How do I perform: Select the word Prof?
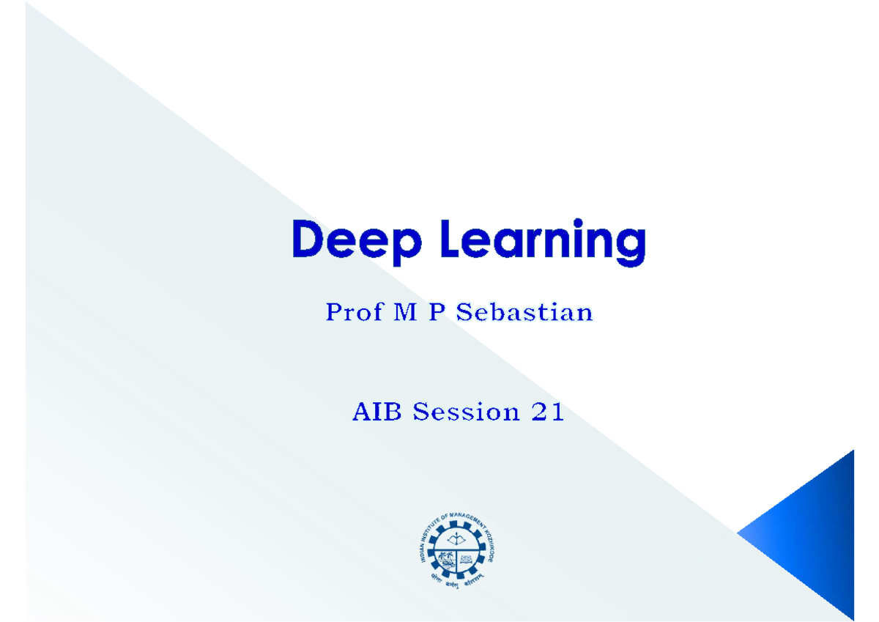click(x=354, y=313)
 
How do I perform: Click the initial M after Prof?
click(x=407, y=313)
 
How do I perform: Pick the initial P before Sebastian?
click(x=438, y=313)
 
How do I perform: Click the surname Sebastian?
click(x=524, y=313)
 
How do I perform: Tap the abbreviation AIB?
click(x=379, y=412)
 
